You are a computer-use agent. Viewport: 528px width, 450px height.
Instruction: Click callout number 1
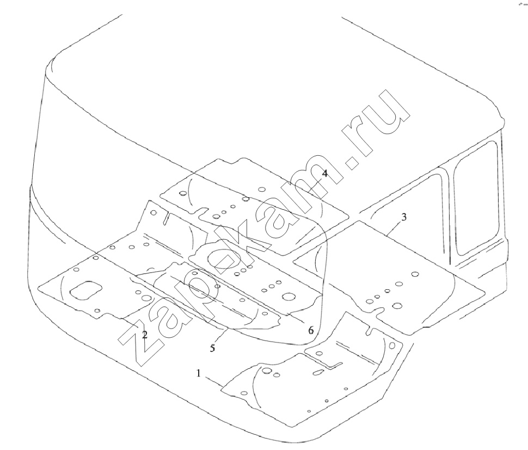(x=199, y=373)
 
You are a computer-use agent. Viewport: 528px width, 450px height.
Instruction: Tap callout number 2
(x=144, y=335)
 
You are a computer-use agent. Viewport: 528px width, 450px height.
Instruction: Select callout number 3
(x=404, y=216)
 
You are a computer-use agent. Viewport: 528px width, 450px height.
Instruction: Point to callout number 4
(x=324, y=173)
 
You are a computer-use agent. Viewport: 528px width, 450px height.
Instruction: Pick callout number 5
(x=212, y=348)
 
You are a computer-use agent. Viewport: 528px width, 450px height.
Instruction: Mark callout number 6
(x=311, y=330)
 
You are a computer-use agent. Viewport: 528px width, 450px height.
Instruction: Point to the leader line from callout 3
(x=394, y=228)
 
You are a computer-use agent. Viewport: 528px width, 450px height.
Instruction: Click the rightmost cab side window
(x=476, y=198)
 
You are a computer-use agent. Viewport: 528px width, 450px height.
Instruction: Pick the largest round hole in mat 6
(x=288, y=296)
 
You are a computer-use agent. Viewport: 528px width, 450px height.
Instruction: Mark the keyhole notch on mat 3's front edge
(x=382, y=311)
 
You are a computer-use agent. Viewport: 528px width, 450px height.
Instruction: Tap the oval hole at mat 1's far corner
(x=392, y=346)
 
